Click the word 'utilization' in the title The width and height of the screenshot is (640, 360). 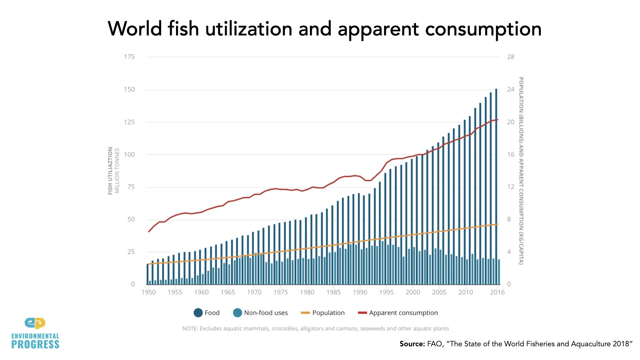point(249,29)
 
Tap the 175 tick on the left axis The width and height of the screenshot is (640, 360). point(129,57)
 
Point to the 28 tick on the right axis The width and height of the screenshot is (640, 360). point(511,57)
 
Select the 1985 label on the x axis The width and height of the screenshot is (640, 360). point(333,292)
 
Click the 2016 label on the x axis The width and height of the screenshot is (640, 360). point(497,292)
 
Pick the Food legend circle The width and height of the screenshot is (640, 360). point(198,313)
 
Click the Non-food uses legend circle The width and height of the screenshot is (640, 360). point(237,313)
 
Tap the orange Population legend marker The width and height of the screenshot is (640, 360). point(305,313)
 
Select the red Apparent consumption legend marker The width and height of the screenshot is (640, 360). point(362,313)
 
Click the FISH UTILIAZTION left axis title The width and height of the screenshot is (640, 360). point(110,171)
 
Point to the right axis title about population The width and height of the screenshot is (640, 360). point(521,171)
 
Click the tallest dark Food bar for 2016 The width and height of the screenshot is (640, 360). point(496,187)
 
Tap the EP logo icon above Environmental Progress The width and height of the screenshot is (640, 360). point(35,323)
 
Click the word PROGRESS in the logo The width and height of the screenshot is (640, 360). point(35,345)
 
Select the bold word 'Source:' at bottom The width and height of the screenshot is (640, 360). point(412,344)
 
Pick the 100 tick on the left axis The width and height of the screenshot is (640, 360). point(129,154)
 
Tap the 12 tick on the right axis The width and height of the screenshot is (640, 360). point(511,187)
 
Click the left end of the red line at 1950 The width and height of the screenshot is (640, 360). point(149,231)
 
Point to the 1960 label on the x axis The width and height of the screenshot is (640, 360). point(201,292)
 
